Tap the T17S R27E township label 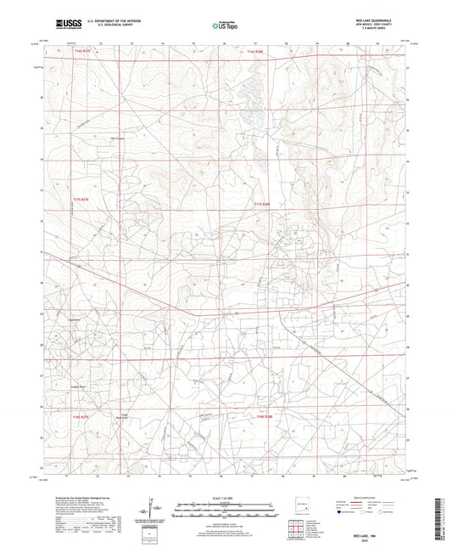tap(80, 199)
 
